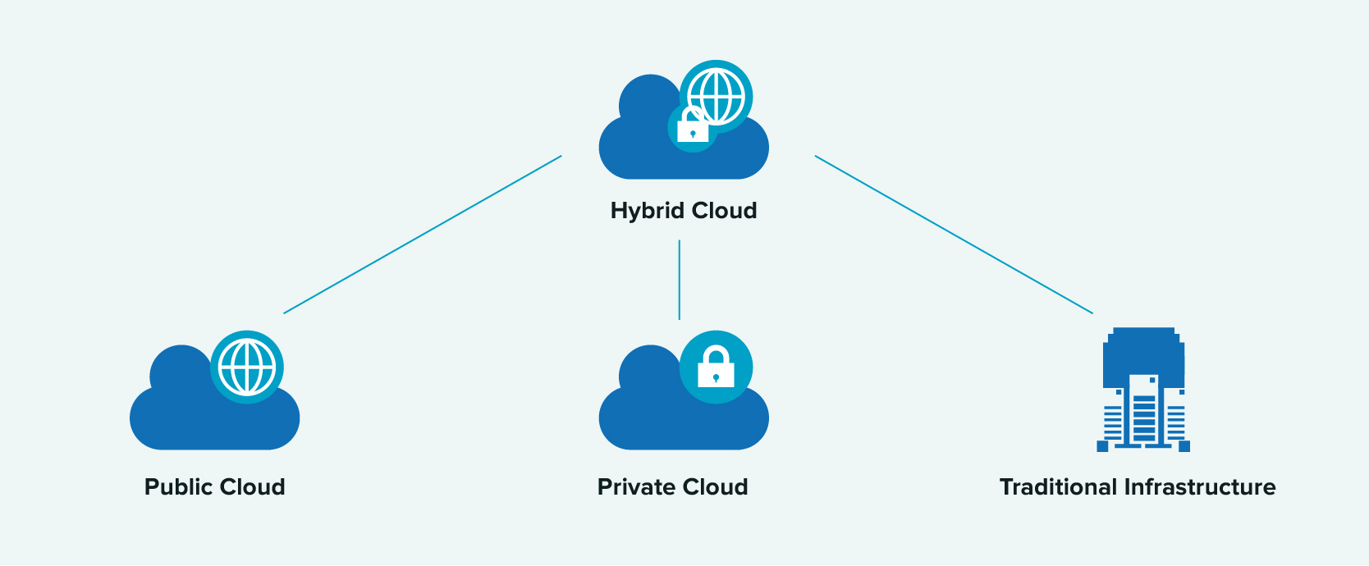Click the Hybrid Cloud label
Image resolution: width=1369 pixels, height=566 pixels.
[684, 211]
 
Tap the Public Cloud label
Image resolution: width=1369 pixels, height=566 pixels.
[215, 487]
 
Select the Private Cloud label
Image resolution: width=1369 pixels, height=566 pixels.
[673, 487]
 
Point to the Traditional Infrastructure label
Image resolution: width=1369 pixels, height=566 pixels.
[1138, 487]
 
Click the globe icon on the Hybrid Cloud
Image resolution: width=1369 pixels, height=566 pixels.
[717, 96]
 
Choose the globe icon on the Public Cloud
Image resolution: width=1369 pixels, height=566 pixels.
[247, 367]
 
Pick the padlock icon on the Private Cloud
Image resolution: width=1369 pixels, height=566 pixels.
[716, 367]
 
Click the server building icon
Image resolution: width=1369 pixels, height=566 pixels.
[1143, 390]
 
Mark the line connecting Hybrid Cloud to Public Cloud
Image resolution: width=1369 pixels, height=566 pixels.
[423, 235]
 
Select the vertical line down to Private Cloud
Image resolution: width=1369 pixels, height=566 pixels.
[680, 280]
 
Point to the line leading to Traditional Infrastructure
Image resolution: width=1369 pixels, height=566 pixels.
[954, 235]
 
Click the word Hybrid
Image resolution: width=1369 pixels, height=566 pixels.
[648, 211]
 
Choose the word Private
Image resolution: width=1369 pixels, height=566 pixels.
[636, 487]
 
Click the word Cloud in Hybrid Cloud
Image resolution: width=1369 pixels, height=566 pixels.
[725, 211]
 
